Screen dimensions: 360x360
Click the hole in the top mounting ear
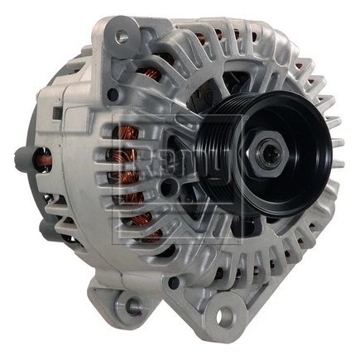pos(122,36)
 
